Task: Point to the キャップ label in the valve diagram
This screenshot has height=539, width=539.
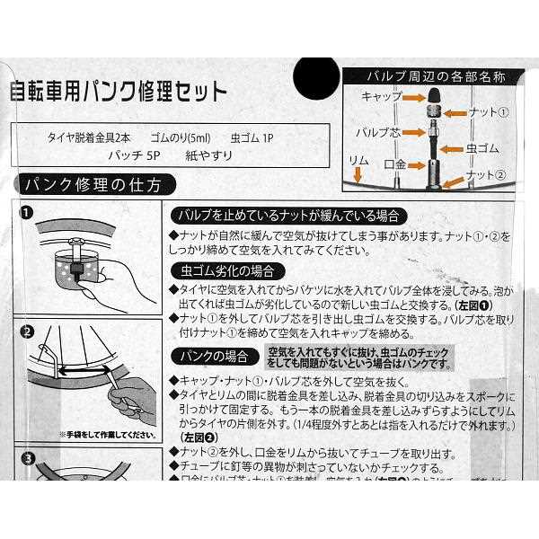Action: tap(380, 95)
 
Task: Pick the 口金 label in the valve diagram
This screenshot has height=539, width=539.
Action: tap(395, 166)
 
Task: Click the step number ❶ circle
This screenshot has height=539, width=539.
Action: tap(27, 214)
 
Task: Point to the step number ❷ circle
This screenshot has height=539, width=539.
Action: tap(27, 331)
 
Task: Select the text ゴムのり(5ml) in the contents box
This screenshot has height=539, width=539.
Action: tap(180, 138)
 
